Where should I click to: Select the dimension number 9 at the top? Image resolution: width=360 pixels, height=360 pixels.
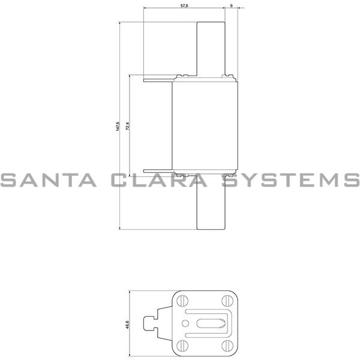coord(232,5)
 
